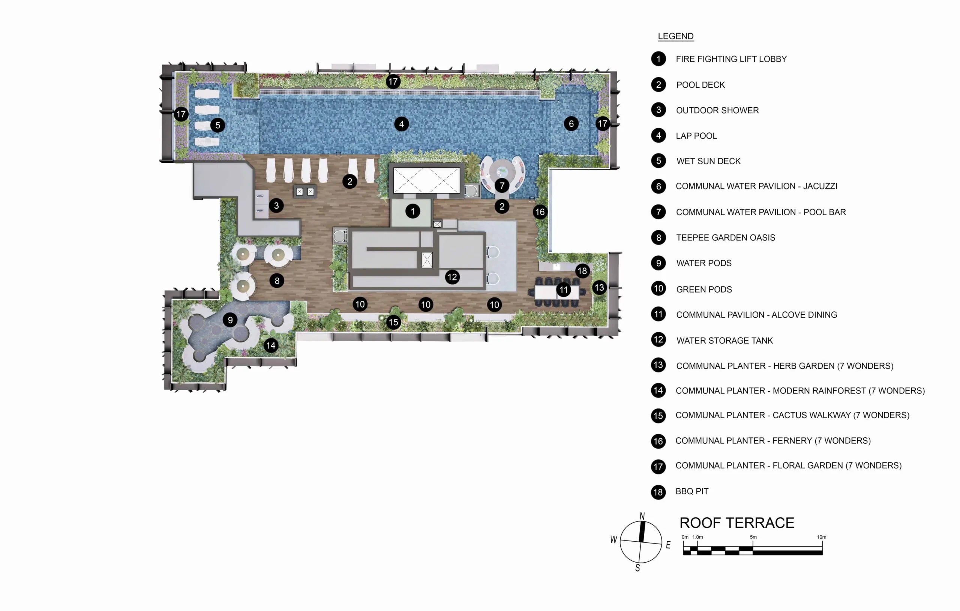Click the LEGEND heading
(x=675, y=36)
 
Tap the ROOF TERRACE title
(x=737, y=523)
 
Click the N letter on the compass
(x=642, y=516)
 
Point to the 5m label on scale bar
(x=753, y=537)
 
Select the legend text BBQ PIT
(x=692, y=491)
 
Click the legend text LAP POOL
(x=696, y=136)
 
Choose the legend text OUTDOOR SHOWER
(x=717, y=111)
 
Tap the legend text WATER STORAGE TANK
(x=724, y=341)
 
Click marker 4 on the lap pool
(x=402, y=124)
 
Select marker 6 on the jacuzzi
(x=571, y=124)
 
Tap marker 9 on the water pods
(x=230, y=320)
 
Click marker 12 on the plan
(x=452, y=277)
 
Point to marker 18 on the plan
(x=582, y=271)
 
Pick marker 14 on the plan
(x=271, y=345)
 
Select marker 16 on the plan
(x=540, y=212)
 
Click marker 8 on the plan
(x=277, y=281)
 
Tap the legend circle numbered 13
(x=658, y=365)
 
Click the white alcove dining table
(x=557, y=292)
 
